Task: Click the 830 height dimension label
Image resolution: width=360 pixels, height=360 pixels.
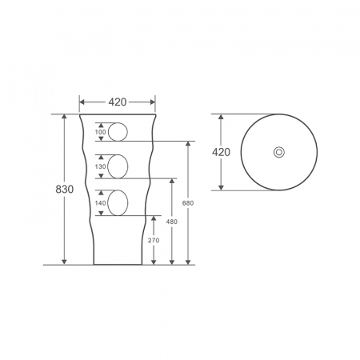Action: point(64,189)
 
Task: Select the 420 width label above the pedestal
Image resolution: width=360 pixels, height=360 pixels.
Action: point(118,102)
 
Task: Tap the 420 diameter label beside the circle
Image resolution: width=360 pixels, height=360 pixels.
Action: point(221,152)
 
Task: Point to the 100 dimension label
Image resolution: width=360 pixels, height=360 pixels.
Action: point(101,132)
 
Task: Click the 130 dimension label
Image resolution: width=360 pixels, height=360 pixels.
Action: point(101,166)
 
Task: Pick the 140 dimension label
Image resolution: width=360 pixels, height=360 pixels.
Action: point(101,203)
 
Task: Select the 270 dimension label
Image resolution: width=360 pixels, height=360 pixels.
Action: point(154,240)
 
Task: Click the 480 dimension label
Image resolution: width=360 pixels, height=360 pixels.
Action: point(172,222)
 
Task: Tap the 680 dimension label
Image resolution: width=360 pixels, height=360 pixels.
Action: point(188,203)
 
